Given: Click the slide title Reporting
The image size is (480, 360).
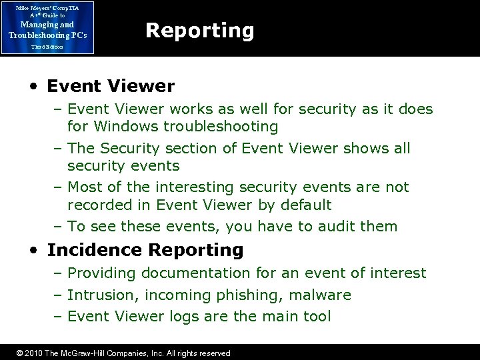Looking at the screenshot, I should [199, 31].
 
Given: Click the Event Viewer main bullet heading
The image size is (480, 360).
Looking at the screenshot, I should [111, 86].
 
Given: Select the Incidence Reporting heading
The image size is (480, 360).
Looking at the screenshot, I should [145, 250].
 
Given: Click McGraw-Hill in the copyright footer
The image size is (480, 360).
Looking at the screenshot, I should [82, 353].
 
